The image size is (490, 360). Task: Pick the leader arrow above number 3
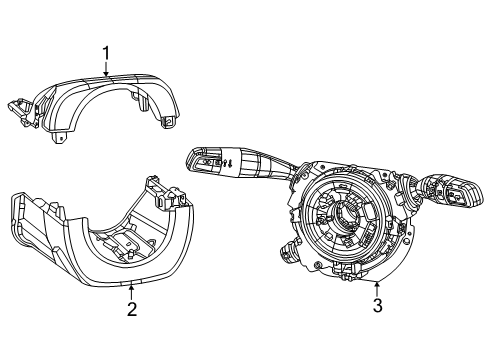(376, 287)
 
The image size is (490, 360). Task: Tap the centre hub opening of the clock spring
(345, 215)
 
